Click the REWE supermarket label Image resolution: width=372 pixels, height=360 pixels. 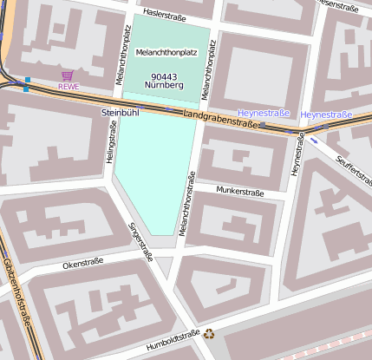point(68,87)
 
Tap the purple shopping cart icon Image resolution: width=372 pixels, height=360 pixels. point(68,76)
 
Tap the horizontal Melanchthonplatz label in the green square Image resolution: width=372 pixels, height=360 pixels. point(167,53)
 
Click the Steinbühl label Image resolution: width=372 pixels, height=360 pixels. point(120,113)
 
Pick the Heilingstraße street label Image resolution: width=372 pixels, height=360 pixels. point(111,143)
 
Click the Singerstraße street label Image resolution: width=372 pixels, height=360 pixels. point(140,242)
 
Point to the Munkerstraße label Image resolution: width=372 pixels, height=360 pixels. point(240,192)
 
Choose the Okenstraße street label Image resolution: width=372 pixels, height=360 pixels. point(83,261)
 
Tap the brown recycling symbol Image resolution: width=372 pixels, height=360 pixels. point(209,332)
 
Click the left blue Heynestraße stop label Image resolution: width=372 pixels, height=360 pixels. point(264,113)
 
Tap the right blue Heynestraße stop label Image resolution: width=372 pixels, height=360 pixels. point(326,115)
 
